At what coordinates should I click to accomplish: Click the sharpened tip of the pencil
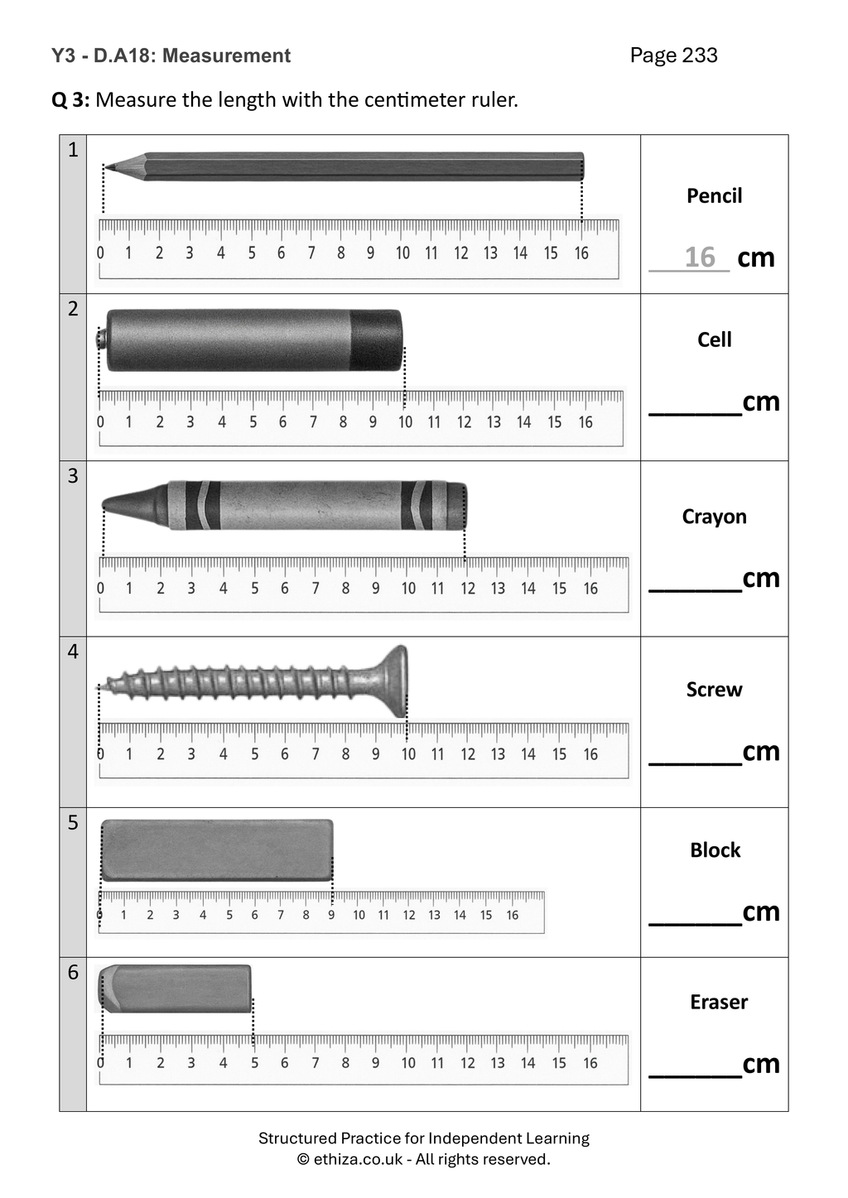[105, 168]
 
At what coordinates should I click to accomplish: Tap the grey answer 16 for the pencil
[700, 257]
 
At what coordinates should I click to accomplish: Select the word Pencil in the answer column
[714, 195]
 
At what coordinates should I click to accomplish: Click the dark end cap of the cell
[376, 340]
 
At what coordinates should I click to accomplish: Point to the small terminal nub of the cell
[102, 339]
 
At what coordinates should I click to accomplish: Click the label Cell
[714, 339]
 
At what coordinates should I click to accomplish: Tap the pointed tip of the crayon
[104, 504]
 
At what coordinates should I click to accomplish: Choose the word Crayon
[714, 517]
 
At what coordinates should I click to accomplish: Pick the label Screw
[714, 690]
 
